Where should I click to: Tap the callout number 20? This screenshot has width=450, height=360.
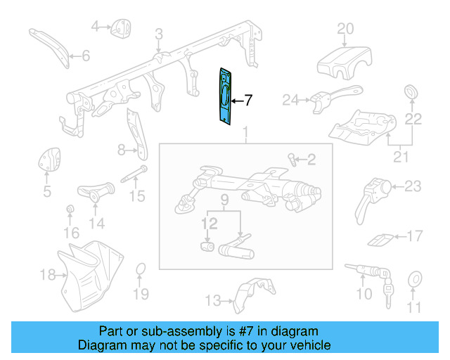345,29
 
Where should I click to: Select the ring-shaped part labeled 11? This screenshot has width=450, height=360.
415,281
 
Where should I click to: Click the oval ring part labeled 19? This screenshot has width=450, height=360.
141,270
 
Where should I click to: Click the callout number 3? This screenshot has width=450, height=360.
159,33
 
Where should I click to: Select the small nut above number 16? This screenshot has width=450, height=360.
70,210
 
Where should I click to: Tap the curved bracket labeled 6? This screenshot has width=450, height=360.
49,45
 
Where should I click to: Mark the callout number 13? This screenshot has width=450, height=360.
212,301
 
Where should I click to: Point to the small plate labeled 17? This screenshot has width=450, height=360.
380,239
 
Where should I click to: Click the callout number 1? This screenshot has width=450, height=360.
245,133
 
